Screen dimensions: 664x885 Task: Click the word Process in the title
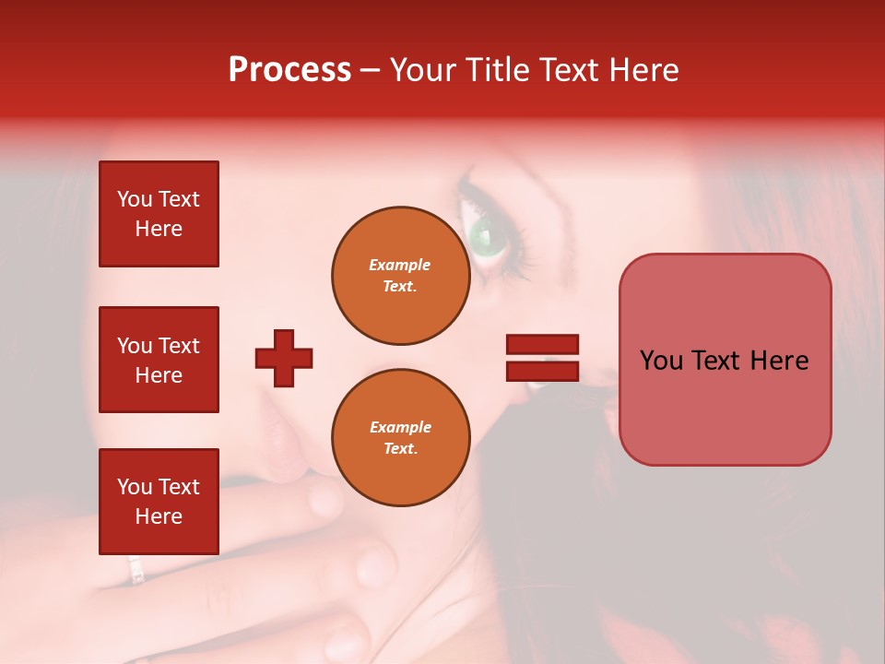click(289, 70)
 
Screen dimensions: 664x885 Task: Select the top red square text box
click(159, 214)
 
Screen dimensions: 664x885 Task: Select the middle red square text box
click(159, 360)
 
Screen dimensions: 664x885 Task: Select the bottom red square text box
click(159, 502)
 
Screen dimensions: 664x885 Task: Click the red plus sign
click(284, 358)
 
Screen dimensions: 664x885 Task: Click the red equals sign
click(542, 358)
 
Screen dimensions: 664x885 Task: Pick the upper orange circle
click(400, 276)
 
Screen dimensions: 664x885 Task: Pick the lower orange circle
click(400, 438)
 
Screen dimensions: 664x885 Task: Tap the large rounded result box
click(725, 360)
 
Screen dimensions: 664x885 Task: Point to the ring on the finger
click(136, 569)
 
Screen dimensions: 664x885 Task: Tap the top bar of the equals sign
click(542, 345)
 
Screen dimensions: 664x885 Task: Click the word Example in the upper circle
click(400, 266)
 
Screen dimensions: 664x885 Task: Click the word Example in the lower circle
click(400, 428)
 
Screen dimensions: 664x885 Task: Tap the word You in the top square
click(134, 200)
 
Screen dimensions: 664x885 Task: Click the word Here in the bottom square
click(159, 516)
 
